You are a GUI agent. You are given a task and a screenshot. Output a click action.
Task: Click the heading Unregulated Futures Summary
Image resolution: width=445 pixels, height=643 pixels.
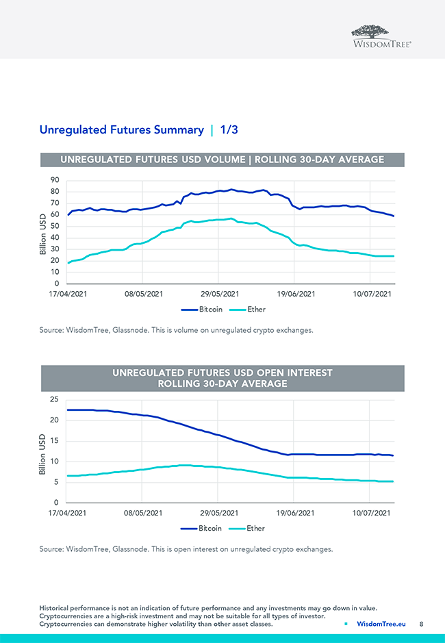tap(121, 129)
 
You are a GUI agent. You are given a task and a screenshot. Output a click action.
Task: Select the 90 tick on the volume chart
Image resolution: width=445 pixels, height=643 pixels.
tap(53, 180)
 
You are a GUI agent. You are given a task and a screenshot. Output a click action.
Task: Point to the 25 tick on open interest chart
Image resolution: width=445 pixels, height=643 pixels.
tap(53, 399)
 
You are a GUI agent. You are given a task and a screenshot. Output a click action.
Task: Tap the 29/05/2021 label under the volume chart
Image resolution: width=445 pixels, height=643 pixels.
tap(219, 294)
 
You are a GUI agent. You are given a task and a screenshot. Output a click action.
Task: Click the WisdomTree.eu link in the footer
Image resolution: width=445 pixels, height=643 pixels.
tap(381, 625)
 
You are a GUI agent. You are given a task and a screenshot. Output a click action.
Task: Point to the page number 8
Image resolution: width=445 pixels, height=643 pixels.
tap(421, 625)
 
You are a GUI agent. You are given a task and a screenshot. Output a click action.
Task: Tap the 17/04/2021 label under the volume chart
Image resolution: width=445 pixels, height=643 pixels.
tap(67, 294)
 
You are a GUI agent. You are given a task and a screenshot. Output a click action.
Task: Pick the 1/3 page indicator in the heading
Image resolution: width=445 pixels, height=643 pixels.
tap(229, 129)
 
